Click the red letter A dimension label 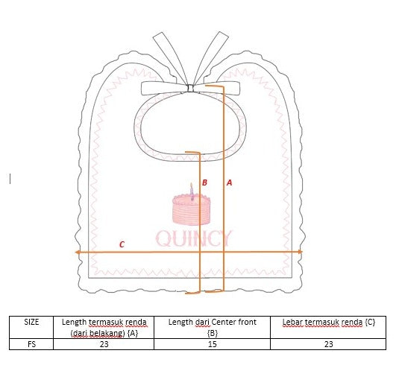tap(229, 182)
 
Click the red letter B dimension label tap(204, 182)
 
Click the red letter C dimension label tap(122, 244)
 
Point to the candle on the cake tap(192, 191)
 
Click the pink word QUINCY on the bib tap(194, 238)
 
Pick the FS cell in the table tap(31, 344)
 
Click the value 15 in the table tap(213, 344)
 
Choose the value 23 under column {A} tap(104, 344)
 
